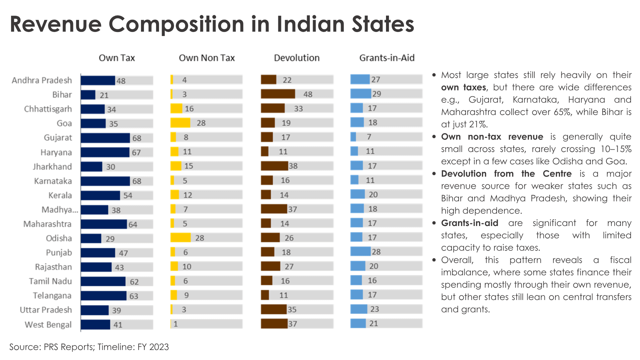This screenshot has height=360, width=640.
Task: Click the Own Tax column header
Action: point(117,58)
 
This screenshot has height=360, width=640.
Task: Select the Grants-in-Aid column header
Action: point(387,58)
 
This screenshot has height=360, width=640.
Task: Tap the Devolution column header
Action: point(297,58)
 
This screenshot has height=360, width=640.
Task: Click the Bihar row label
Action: point(62,95)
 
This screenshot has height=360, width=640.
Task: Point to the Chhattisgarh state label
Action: point(48,109)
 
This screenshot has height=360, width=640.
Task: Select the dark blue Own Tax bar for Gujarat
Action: point(105,138)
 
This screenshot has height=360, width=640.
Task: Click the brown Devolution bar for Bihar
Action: point(278,94)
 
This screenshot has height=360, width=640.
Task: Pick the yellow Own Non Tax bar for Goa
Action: point(180,123)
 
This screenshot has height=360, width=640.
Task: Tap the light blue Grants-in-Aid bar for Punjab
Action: point(360,252)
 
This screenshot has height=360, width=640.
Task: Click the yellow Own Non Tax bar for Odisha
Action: point(180,238)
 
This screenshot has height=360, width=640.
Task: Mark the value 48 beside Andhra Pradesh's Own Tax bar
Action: point(121,81)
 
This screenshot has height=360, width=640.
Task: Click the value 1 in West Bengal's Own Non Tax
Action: point(176,324)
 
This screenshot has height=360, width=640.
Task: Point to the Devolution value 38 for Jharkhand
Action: point(293,166)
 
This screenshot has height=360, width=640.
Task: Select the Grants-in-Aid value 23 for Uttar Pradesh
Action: point(375,309)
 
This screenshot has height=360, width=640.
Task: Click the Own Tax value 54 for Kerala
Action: point(128,196)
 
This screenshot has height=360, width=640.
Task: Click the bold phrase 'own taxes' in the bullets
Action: point(463,88)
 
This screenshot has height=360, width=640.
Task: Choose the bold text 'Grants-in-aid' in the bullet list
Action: point(469,223)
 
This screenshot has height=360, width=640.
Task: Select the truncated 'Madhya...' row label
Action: point(60,210)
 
